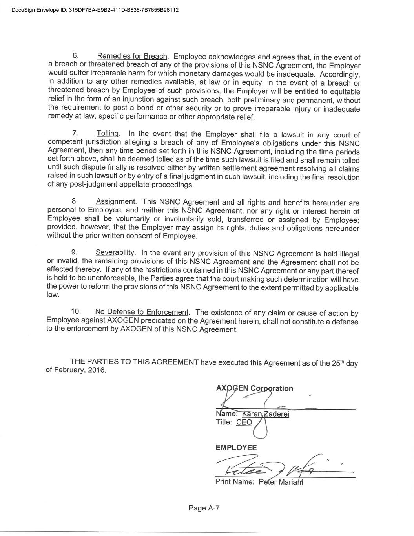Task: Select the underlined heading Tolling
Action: coord(108,134)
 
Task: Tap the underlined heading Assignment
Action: coord(116,201)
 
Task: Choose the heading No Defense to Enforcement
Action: coord(142,312)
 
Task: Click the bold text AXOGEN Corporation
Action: coord(254,388)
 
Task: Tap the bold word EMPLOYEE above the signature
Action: coord(236,448)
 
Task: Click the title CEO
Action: coord(244,423)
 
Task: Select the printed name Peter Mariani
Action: coord(281,482)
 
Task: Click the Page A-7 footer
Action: coord(204,508)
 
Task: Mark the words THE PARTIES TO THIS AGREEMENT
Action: coord(134,362)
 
